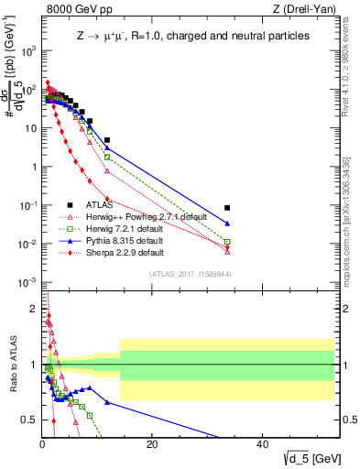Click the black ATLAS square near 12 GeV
tap(107, 140)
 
